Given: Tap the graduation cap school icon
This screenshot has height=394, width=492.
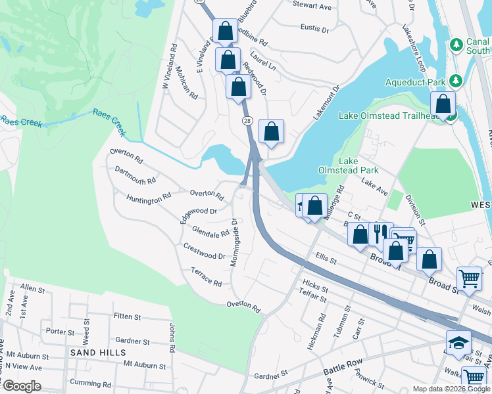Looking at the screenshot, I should point(458,341).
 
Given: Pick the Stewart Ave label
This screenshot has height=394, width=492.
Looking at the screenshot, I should point(312,6).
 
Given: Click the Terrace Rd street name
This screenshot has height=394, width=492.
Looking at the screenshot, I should point(206,276).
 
